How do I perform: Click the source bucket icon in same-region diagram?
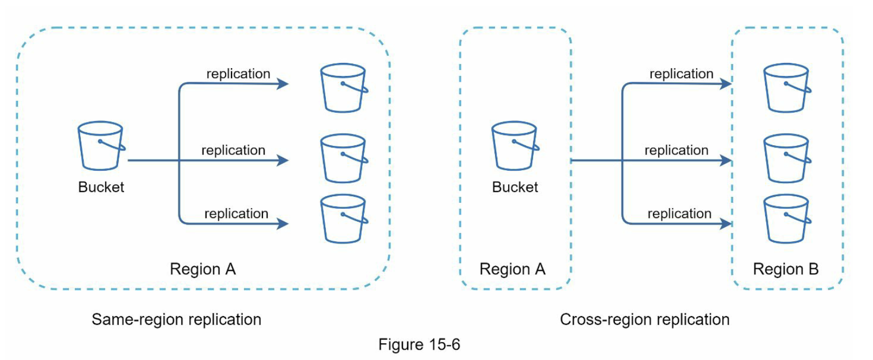tap(101, 145)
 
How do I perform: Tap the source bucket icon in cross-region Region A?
tap(515, 145)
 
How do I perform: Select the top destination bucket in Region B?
tap(786, 88)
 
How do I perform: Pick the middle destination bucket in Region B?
tap(786, 158)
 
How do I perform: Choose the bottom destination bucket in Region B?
tap(786, 218)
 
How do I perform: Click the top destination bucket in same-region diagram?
tap(343, 88)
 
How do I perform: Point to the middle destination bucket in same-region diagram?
tap(343, 158)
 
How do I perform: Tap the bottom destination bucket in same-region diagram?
tap(343, 218)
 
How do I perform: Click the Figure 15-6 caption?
tap(419, 344)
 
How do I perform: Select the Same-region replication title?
tap(176, 319)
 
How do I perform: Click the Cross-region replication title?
tap(644, 319)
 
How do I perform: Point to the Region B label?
tap(785, 269)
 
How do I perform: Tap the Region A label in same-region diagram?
tap(202, 269)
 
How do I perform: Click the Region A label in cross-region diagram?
tap(512, 269)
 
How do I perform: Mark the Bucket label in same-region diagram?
tap(101, 187)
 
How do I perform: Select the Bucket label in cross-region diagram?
tap(515, 187)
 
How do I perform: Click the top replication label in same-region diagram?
tap(238, 74)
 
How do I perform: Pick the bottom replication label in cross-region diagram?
tap(679, 214)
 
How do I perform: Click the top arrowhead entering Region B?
tap(726, 83)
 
